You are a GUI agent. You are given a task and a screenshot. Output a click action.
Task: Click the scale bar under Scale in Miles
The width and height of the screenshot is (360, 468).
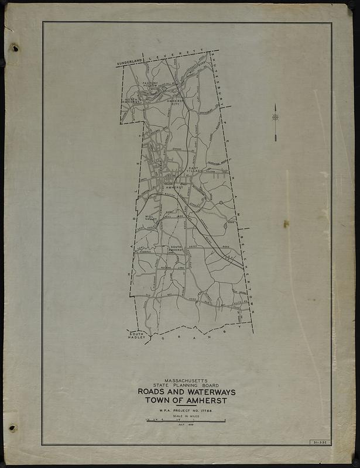click(186, 421)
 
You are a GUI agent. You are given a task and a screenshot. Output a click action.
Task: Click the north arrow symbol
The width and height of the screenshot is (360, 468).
click(275, 120)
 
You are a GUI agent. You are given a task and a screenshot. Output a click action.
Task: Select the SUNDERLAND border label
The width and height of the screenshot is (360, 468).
click(129, 62)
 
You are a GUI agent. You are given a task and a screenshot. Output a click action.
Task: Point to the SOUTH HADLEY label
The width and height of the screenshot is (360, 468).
click(137, 335)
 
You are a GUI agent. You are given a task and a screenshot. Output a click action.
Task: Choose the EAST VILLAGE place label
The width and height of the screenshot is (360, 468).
click(196, 169)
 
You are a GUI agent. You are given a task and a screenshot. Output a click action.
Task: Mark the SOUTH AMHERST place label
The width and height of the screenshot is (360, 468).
click(176, 249)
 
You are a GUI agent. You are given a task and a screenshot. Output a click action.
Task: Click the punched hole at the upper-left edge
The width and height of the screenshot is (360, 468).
click(14, 47)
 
